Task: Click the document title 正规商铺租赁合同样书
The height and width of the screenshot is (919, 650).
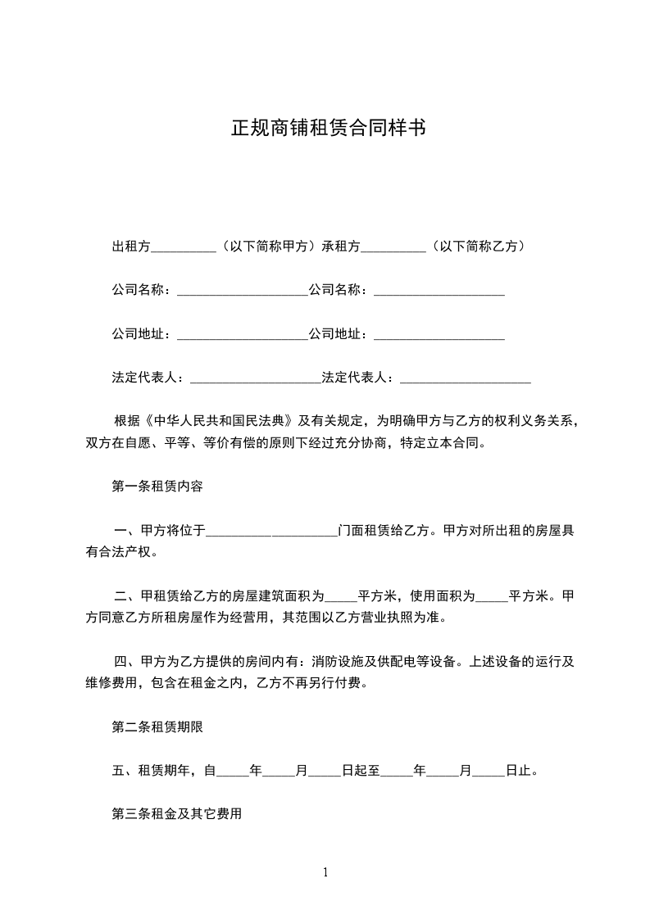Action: click(x=328, y=129)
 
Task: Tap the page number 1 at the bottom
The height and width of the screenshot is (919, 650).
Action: click(x=325, y=872)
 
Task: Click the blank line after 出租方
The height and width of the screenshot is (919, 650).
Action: click(x=184, y=247)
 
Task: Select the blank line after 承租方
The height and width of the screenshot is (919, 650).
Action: click(x=393, y=247)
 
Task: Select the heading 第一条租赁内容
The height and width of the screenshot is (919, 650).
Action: click(x=157, y=487)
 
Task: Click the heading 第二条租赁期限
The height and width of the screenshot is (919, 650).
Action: click(x=157, y=726)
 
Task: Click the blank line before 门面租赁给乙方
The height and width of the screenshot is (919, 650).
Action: click(x=271, y=531)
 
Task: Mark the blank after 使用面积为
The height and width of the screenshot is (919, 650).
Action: click(x=492, y=596)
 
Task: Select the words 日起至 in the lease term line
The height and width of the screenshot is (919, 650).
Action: click(x=360, y=770)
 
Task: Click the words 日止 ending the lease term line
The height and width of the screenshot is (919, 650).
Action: click(x=519, y=770)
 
